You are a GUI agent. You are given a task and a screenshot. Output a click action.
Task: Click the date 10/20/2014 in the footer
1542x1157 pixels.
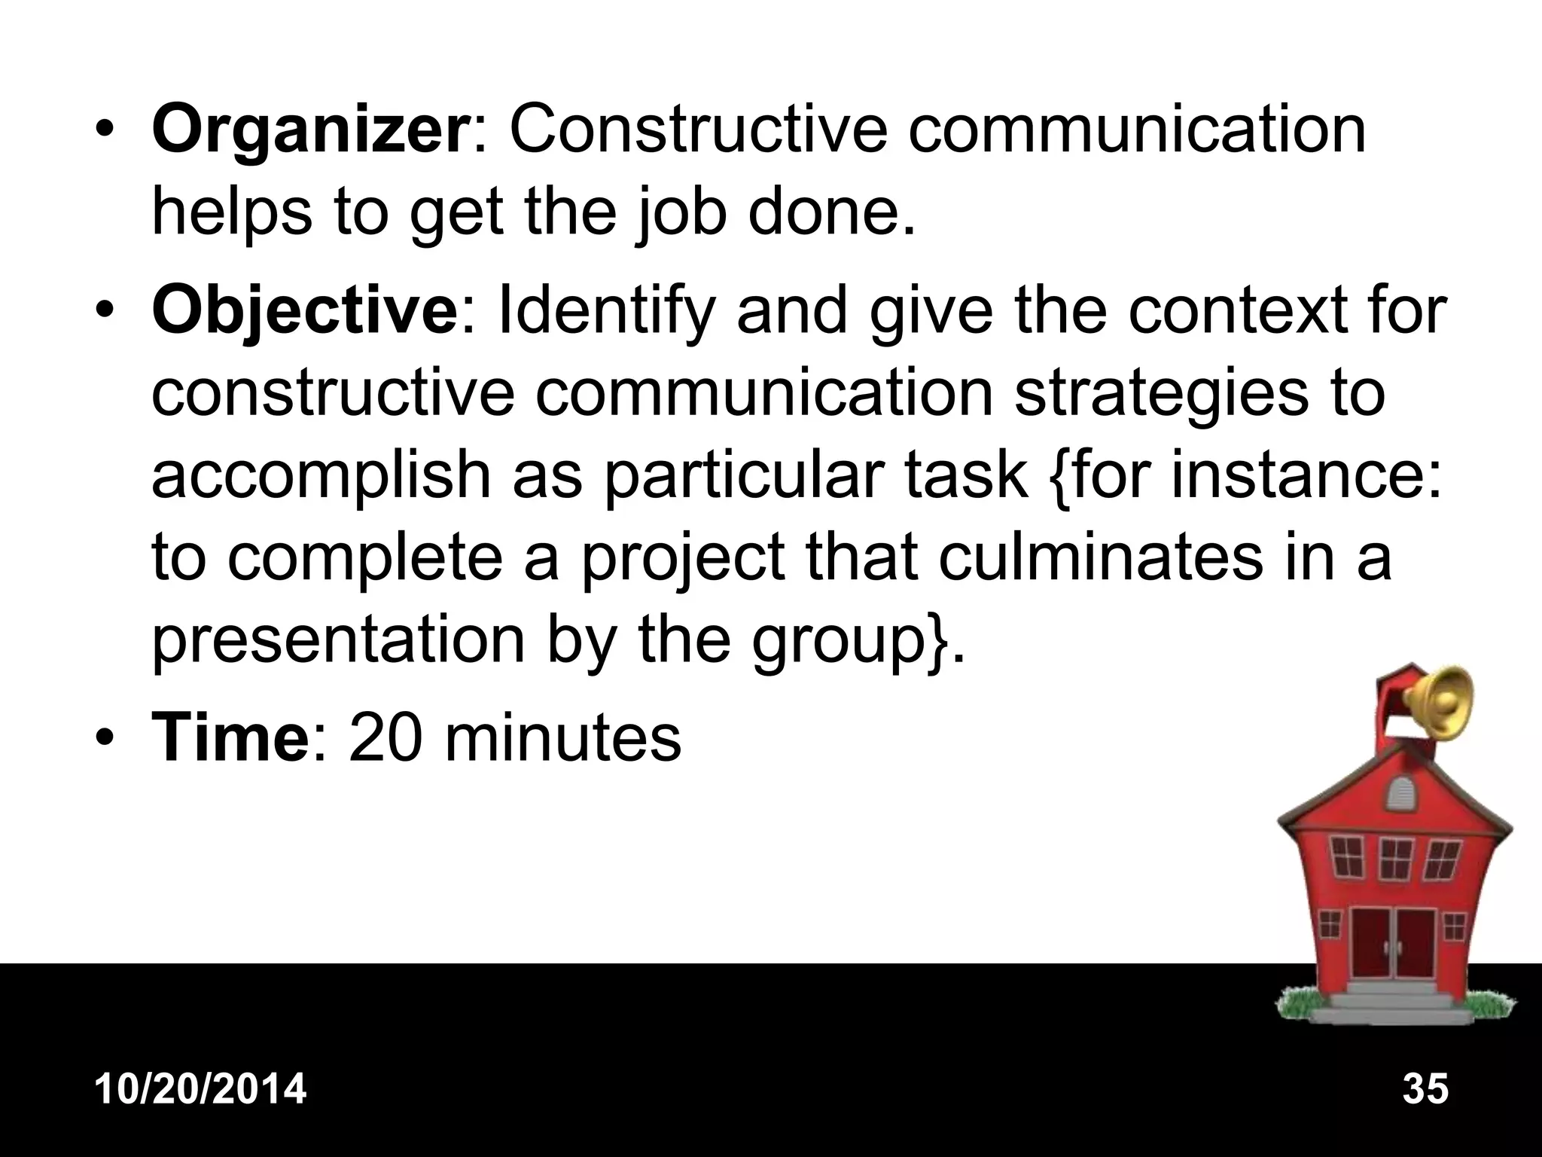click(201, 1089)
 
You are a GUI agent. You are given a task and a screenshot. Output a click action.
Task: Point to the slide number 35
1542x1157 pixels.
click(1425, 1089)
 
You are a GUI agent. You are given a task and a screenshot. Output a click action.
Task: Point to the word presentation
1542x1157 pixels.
click(338, 642)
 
